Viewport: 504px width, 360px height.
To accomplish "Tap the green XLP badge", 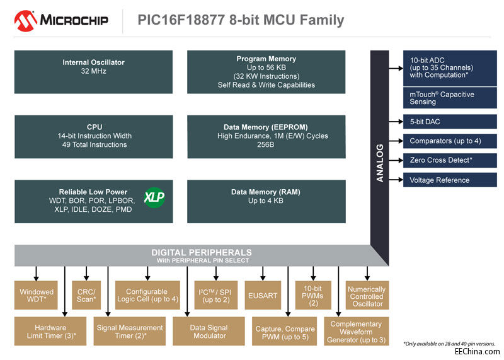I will tap(154, 197).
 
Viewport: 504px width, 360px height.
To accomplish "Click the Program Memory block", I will tap(266, 72).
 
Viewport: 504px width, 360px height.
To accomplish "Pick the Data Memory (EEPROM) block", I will tap(266, 136).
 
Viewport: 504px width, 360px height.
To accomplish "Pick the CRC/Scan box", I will tap(86, 295).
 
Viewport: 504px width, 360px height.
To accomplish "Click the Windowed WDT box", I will tap(37, 295).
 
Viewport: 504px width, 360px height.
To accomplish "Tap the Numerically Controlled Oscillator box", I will tap(367, 296).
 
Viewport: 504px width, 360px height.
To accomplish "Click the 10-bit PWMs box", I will tap(313, 295).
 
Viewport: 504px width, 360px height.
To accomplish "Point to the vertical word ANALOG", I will tap(380, 163).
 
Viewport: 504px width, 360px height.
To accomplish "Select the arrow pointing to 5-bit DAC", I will tap(396, 121).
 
